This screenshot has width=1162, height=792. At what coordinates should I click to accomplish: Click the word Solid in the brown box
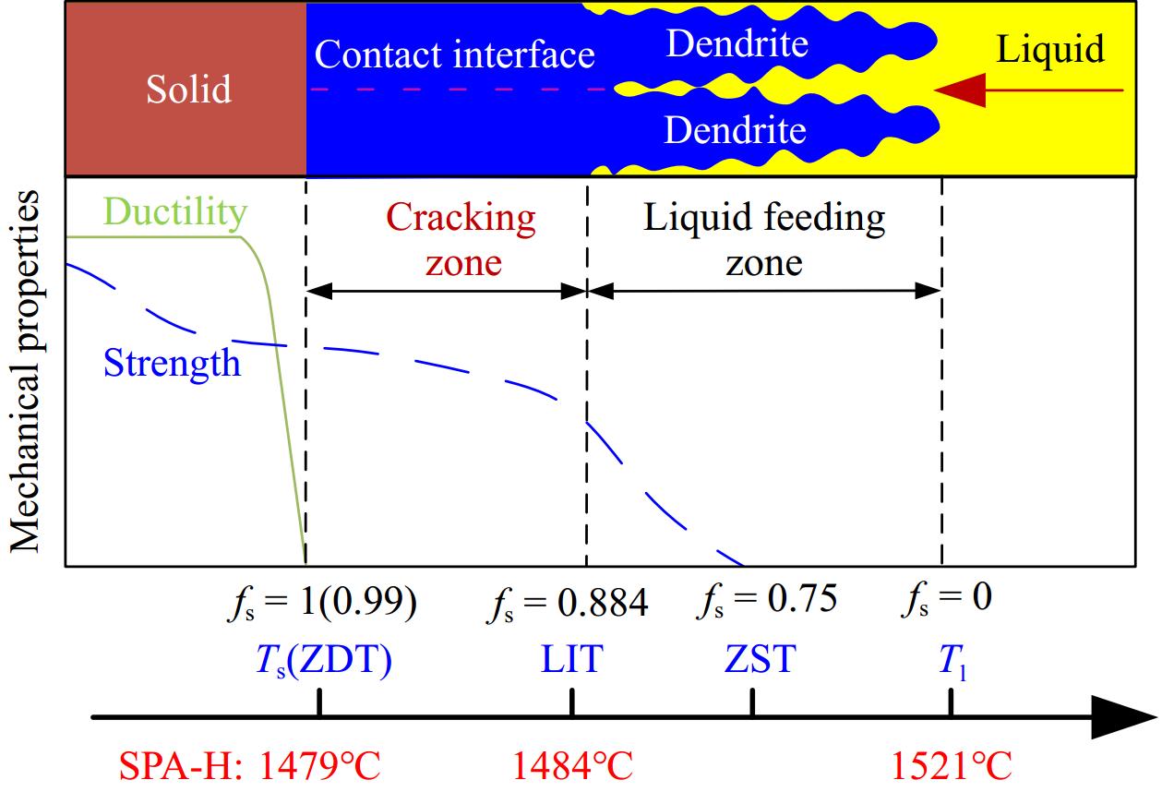(188, 90)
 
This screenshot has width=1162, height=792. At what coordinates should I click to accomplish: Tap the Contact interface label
(454, 54)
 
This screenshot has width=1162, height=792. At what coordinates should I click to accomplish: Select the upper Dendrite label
(737, 42)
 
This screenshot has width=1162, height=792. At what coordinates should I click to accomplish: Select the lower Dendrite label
(735, 130)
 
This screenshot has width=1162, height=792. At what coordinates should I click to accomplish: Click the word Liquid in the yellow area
(1050, 48)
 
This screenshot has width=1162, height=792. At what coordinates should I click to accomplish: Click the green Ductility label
(176, 212)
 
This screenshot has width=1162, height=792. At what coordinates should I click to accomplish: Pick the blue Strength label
(172, 363)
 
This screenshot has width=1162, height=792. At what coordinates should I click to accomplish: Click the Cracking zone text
(461, 240)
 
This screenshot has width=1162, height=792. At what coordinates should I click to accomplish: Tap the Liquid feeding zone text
(764, 240)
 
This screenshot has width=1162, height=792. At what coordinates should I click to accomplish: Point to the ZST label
(761, 660)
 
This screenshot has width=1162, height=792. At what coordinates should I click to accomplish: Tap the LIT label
(570, 660)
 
